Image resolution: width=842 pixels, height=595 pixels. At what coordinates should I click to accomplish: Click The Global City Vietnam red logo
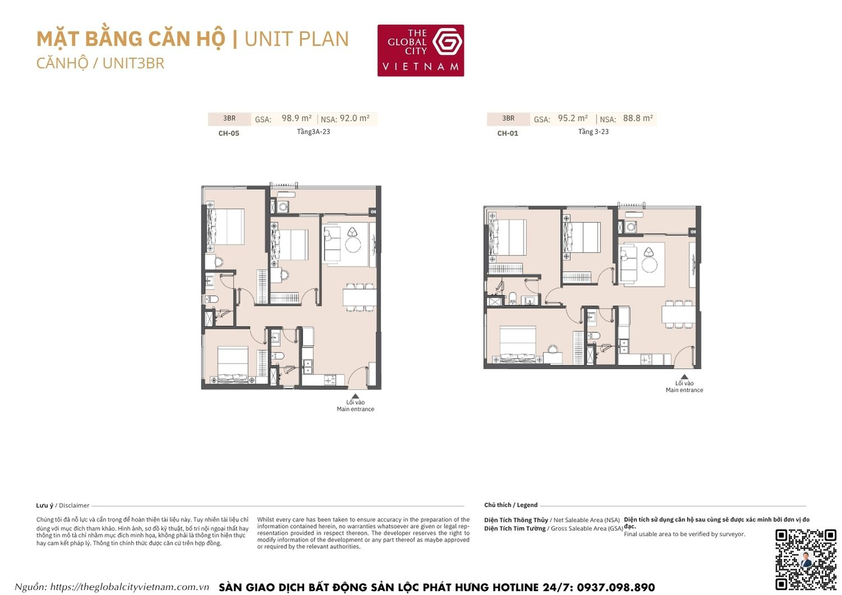click(420, 50)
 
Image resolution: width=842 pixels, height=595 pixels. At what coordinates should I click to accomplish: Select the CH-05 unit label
click(228, 134)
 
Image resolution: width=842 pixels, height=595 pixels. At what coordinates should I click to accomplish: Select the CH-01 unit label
click(507, 134)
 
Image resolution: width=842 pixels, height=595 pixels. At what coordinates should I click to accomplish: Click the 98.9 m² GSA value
click(296, 118)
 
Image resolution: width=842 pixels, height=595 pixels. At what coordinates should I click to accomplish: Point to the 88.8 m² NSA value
click(638, 118)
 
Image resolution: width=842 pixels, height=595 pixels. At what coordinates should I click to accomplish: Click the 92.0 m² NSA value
click(354, 118)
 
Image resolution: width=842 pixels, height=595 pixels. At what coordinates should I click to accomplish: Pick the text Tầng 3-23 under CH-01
click(593, 132)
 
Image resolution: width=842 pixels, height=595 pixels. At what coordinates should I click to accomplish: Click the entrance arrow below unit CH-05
click(355, 396)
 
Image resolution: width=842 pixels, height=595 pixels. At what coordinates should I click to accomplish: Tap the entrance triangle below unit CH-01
click(684, 378)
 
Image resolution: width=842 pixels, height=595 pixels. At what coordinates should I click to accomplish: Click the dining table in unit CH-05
click(359, 296)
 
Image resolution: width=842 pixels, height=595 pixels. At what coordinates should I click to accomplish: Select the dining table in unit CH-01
click(678, 313)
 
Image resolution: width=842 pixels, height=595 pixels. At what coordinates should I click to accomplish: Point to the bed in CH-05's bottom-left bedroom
click(233, 363)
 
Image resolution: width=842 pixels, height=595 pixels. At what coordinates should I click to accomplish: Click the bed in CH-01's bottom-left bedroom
click(518, 344)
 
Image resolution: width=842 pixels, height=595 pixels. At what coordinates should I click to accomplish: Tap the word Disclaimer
click(74, 506)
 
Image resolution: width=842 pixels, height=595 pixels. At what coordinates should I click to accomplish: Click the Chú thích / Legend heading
click(511, 505)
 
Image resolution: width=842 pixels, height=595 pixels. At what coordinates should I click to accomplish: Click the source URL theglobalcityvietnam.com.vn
click(130, 587)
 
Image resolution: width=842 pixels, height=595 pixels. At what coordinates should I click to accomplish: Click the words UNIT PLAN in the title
click(296, 39)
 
